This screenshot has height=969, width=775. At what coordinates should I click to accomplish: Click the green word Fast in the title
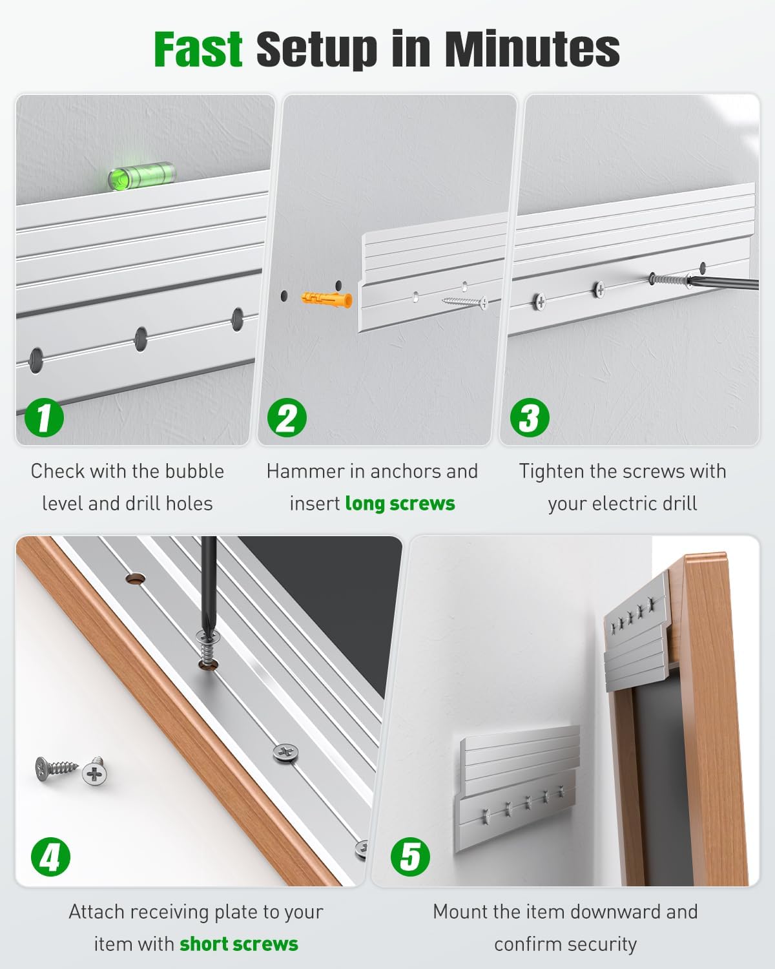click(198, 49)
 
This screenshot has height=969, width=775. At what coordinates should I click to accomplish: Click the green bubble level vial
click(141, 176)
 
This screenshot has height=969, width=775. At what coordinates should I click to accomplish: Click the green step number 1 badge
click(44, 417)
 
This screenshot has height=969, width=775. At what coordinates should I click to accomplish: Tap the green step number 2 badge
click(287, 417)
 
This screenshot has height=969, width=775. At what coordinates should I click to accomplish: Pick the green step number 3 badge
click(530, 417)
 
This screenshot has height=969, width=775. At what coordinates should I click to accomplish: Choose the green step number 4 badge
click(50, 857)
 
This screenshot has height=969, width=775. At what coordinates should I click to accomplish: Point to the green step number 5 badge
click(410, 857)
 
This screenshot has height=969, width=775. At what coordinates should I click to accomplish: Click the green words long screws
click(400, 504)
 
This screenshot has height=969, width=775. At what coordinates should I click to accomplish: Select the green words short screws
click(239, 944)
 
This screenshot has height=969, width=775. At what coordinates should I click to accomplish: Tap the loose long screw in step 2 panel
click(464, 301)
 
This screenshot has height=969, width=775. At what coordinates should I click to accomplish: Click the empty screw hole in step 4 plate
click(135, 579)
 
